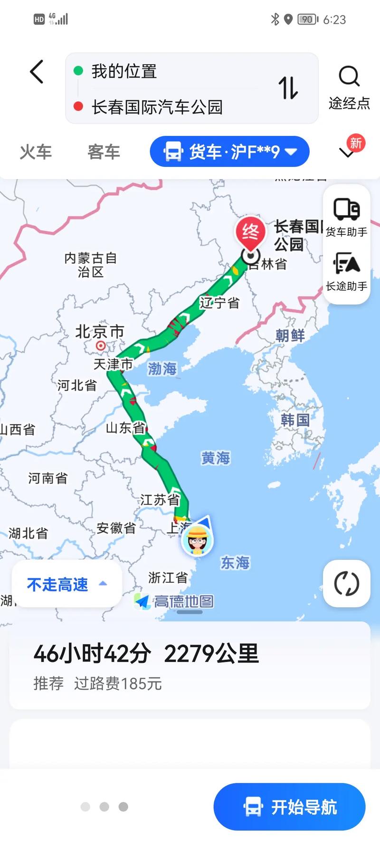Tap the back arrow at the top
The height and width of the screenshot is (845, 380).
pos(37,72)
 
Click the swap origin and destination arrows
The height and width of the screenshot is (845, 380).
pos(288,88)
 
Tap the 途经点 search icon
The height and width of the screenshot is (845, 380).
pos(349,76)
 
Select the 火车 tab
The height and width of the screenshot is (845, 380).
pos(36,152)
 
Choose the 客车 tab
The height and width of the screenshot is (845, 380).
pos(104,152)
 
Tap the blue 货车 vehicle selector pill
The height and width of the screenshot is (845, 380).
pos(229,152)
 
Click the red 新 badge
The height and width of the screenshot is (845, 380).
pos(356,143)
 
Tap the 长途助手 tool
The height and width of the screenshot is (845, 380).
pos(346,271)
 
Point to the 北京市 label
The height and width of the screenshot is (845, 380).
pos(100,331)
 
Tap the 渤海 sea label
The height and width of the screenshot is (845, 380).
pos(162,368)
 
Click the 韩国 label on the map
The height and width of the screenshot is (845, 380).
pos(295,420)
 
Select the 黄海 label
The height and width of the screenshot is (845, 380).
pos(216,458)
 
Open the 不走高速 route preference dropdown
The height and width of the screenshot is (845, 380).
pos(66,584)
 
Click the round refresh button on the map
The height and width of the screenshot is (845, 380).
pos(346,584)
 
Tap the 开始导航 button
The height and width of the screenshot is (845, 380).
pos(289,807)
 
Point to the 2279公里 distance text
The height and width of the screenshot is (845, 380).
pos(211,653)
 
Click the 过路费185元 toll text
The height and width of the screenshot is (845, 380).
pos(118,683)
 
